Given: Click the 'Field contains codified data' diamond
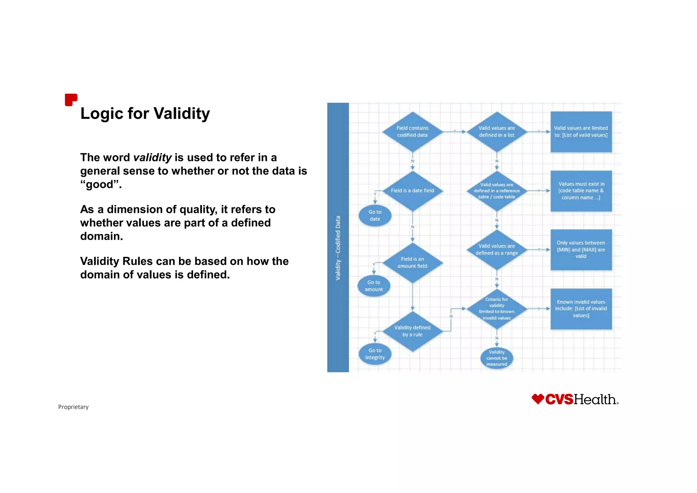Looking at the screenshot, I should [x=412, y=132].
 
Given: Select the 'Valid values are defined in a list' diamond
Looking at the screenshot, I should [x=497, y=132].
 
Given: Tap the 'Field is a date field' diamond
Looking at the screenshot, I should [x=412, y=191].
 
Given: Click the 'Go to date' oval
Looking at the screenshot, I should [x=375, y=216].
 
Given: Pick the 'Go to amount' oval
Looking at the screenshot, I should [x=374, y=286].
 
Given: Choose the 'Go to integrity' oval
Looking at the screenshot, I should [x=375, y=354].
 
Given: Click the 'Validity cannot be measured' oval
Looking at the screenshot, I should [x=497, y=358].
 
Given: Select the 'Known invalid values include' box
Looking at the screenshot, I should [x=581, y=309].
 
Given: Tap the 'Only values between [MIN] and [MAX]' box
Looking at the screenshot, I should [x=581, y=250].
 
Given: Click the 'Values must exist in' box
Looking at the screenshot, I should [x=581, y=191].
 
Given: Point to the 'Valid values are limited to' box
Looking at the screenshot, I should [x=581, y=132].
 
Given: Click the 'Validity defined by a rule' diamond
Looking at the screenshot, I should [x=412, y=331].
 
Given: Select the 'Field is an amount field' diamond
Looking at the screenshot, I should [x=412, y=263].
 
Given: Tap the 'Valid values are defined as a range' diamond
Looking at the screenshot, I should [x=497, y=250].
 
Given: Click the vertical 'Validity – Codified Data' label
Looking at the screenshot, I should [x=338, y=248].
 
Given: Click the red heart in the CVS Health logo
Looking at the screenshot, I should [x=538, y=399].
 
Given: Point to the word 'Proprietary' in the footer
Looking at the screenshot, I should [x=73, y=407].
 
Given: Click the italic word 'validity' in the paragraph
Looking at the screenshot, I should [x=152, y=158].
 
